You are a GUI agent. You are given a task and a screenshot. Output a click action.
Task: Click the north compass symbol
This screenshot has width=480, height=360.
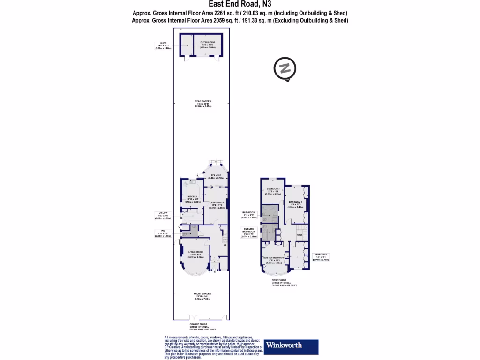pyautogui.click(x=285, y=68)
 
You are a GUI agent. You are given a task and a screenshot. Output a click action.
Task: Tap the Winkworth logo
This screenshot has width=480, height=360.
pyautogui.click(x=291, y=346)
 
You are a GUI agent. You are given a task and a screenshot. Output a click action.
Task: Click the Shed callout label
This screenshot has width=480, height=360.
pyautogui.click(x=163, y=45)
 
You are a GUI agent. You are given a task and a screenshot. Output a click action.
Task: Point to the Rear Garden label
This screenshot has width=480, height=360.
pyautogui.click(x=203, y=104)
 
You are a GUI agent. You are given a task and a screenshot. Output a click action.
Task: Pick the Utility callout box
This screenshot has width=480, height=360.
pyautogui.click(x=163, y=215)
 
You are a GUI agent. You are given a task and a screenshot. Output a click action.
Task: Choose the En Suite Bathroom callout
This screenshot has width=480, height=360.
pyautogui.click(x=248, y=232)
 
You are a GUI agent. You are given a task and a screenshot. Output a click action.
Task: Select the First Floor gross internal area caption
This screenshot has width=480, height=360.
pyautogui.click(x=285, y=283)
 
